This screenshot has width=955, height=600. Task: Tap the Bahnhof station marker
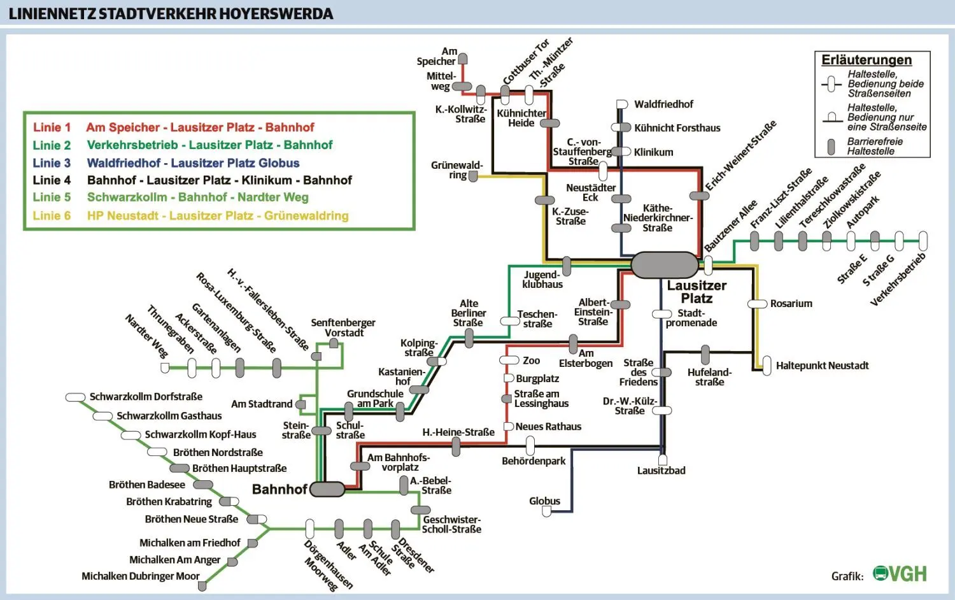point(327,489)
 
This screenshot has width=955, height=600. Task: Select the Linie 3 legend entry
point(166,163)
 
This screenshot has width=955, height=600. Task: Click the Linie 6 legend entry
point(190,216)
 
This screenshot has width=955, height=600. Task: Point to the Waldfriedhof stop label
point(663,104)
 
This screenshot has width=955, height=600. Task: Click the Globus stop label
point(544,501)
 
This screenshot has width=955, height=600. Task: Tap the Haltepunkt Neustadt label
point(822,366)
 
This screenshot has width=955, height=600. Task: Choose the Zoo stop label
point(531,361)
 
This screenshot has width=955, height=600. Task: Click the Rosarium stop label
point(791,304)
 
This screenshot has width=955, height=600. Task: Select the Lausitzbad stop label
point(661,471)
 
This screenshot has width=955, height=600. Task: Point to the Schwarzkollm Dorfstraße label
point(146,397)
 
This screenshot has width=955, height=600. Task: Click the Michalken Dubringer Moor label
point(141,576)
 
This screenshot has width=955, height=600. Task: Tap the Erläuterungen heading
point(867,60)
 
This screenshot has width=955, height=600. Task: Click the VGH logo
point(900,574)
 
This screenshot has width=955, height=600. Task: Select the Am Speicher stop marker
point(463,59)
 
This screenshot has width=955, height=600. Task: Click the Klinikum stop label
point(653,152)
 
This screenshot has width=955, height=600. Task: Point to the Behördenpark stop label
point(534,461)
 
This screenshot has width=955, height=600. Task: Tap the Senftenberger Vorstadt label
point(343,328)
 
